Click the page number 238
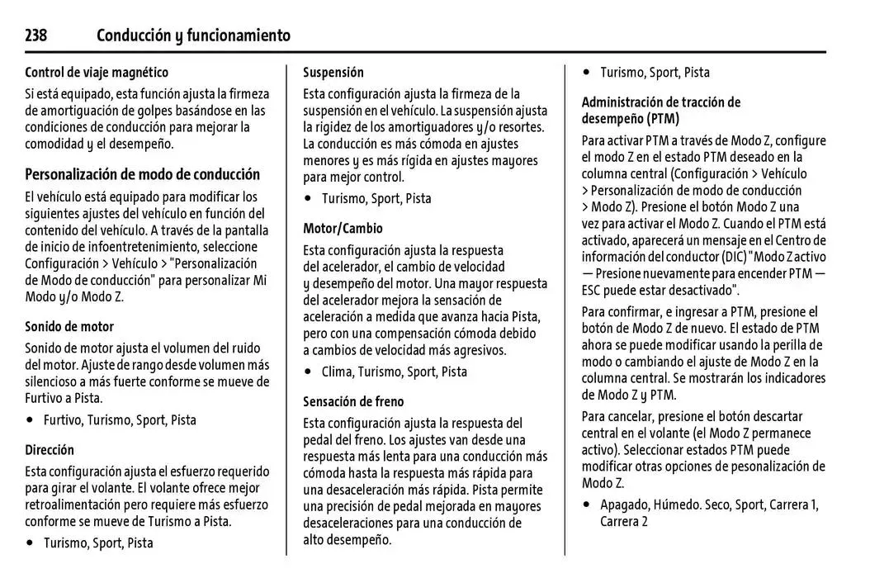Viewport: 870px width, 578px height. click(35, 36)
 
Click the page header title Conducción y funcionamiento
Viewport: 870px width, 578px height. click(193, 36)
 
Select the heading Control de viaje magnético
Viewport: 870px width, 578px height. click(97, 73)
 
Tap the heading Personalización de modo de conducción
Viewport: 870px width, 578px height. click(142, 174)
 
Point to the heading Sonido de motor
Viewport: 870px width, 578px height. click(69, 326)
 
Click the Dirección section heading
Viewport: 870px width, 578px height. click(50, 450)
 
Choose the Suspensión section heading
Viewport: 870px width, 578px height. click(333, 73)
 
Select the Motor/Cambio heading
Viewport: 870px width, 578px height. click(343, 229)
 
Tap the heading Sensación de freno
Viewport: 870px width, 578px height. click(353, 402)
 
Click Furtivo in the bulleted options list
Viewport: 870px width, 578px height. click(63, 419)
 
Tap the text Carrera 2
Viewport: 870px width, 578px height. click(624, 521)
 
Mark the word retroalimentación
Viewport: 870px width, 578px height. click(78, 505)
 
